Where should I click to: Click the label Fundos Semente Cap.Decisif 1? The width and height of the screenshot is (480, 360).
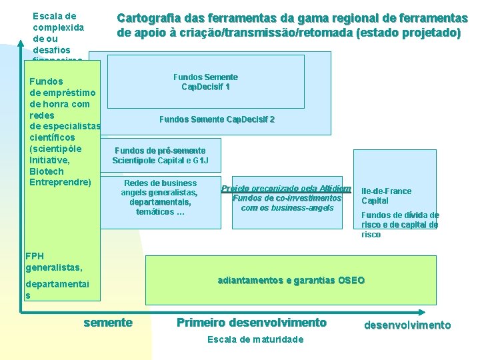205,82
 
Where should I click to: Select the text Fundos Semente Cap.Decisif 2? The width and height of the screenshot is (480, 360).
217,119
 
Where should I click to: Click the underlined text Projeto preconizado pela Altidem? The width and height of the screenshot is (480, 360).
286,188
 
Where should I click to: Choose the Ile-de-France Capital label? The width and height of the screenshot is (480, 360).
386,196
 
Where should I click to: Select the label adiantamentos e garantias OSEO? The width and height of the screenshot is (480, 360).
291,280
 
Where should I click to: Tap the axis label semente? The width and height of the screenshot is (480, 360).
107,323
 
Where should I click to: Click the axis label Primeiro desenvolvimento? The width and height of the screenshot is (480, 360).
251,323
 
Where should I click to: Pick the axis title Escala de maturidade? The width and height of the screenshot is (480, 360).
255,340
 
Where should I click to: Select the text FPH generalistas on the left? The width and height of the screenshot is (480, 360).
53,261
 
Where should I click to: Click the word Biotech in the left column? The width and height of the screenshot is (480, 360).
47,171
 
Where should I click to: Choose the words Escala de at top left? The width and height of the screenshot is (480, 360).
54,15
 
